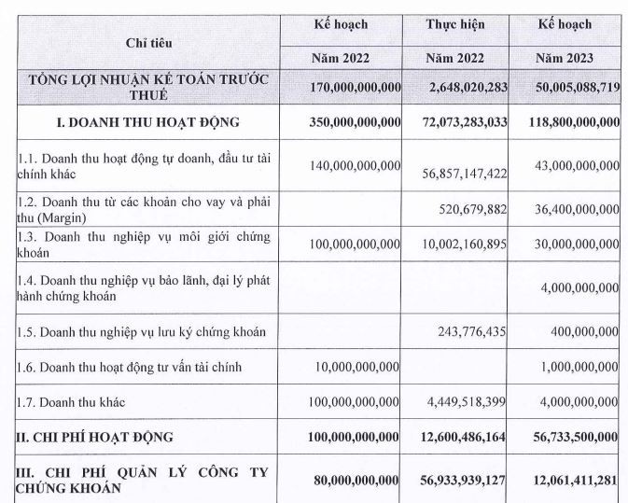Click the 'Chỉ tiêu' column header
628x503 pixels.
pos(149,43)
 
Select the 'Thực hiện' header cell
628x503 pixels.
pos(454,24)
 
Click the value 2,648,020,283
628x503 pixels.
pos(454,87)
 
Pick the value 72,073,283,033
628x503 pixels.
pos(454,122)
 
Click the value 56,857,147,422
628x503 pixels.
pos(454,174)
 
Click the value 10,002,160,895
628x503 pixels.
pos(454,244)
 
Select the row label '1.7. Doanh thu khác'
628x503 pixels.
pos(71,402)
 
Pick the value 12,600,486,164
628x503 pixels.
pos(454,437)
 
